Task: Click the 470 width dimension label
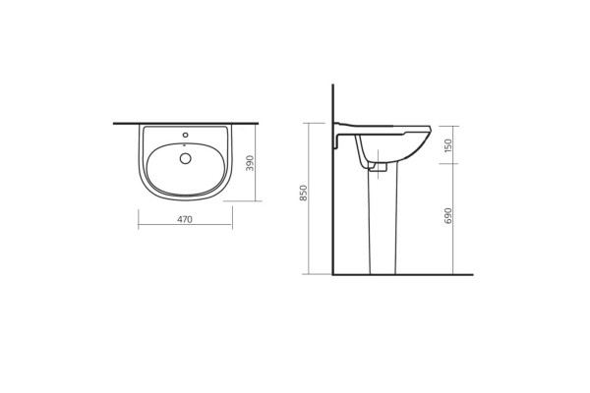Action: click(185, 219)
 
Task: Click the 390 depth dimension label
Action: click(250, 163)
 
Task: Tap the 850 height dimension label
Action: click(303, 193)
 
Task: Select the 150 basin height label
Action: click(447, 145)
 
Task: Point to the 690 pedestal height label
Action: click(447, 216)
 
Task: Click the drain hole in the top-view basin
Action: click(186, 158)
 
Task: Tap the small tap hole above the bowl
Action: click(185, 135)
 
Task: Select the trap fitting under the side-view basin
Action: click(379, 167)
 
